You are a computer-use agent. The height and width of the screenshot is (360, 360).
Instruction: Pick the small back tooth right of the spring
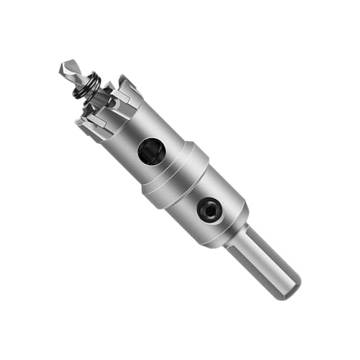[x=109, y=87]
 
